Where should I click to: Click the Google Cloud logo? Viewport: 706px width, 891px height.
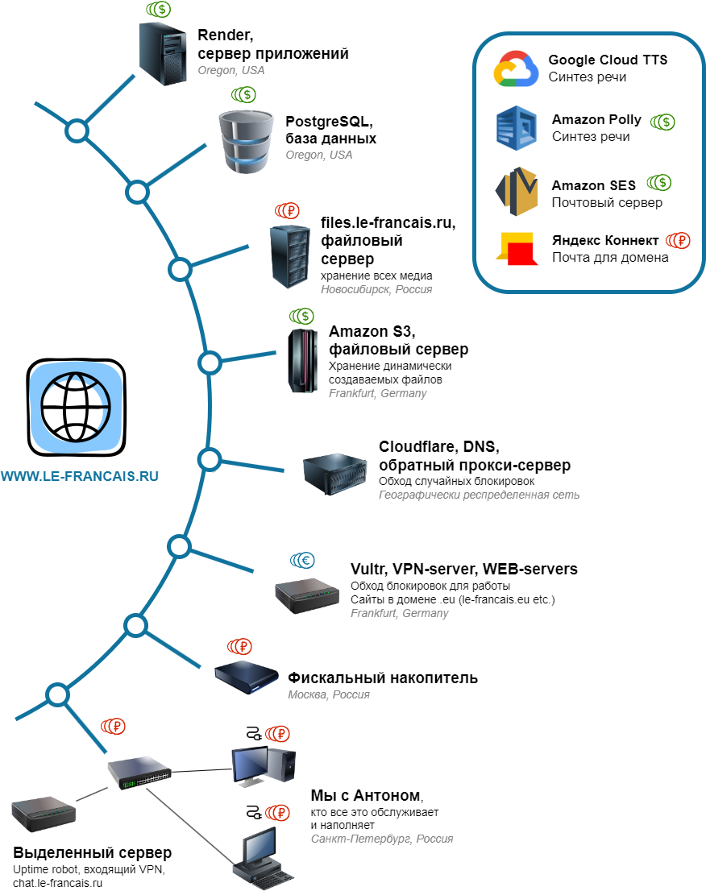tap(516, 68)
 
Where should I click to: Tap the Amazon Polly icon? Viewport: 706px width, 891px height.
tap(516, 128)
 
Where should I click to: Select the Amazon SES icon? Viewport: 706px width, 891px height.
tap(516, 192)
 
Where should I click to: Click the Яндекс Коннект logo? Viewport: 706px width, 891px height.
tap(517, 249)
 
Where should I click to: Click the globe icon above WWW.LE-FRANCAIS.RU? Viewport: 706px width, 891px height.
tap(77, 408)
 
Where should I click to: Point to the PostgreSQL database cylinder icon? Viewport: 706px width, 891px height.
tap(246, 142)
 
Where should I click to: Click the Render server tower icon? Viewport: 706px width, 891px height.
tap(163, 54)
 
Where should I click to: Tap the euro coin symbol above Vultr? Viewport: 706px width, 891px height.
tap(302, 561)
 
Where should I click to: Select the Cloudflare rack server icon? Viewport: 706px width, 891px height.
tap(334, 474)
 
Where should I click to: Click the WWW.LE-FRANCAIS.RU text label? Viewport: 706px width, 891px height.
tap(80, 476)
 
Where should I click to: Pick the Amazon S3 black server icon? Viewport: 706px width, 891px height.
tap(302, 361)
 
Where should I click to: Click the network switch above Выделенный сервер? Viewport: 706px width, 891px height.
tap(139, 773)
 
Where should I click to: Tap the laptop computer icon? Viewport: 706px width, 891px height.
tap(263, 859)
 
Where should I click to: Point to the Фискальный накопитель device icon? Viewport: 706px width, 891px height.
tap(246, 677)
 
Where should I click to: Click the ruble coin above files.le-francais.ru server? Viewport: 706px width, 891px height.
tap(287, 211)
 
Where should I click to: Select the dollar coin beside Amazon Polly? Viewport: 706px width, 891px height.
tap(662, 122)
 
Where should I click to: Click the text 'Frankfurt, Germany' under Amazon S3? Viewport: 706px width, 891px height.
tap(377, 393)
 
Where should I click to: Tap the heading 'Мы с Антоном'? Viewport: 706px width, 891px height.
tap(367, 796)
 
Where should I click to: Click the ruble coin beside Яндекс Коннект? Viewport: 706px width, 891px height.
tap(678, 240)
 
